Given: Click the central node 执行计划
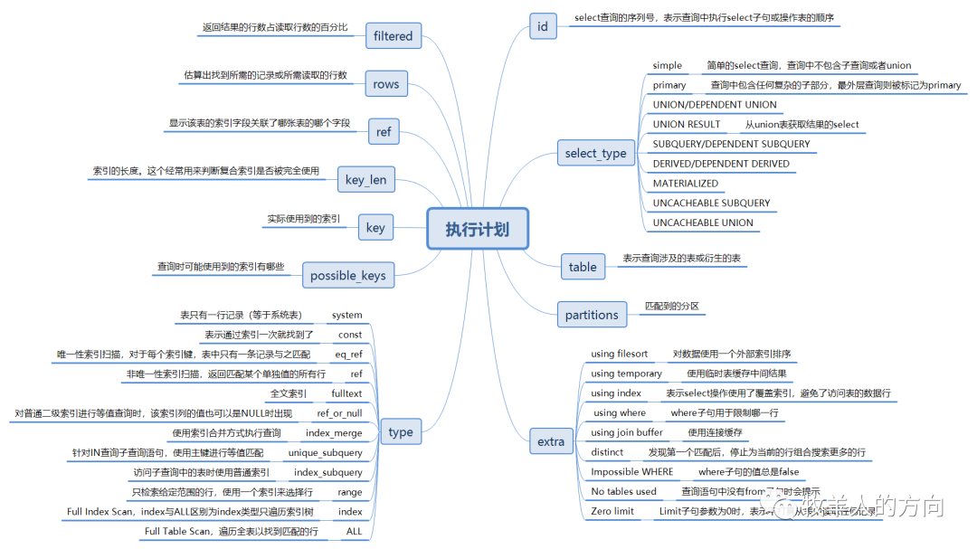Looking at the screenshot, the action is [477, 229].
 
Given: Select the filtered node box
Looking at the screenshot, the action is [393, 36].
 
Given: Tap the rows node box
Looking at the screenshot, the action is [385, 84].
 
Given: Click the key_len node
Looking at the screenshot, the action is [365, 179].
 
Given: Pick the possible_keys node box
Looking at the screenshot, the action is [347, 275].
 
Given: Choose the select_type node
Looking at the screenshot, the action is [595, 153].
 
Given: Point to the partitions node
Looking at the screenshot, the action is [592, 315].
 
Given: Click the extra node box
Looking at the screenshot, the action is [550, 441].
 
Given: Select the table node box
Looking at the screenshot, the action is [583, 266].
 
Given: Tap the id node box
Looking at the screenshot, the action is [542, 26].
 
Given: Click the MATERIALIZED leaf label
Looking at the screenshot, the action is [686, 184].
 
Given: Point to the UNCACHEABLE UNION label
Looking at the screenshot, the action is [703, 222].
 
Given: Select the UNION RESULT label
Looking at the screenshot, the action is [687, 125].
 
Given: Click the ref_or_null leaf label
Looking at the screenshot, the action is [339, 413].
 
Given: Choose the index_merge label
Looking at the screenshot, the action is [334, 433].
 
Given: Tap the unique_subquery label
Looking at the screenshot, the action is [325, 452].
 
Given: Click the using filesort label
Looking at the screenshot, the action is [619, 355].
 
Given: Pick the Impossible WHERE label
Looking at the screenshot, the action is [632, 472].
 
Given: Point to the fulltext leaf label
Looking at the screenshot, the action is [346, 393].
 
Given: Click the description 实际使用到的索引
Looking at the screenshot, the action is [304, 219].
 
